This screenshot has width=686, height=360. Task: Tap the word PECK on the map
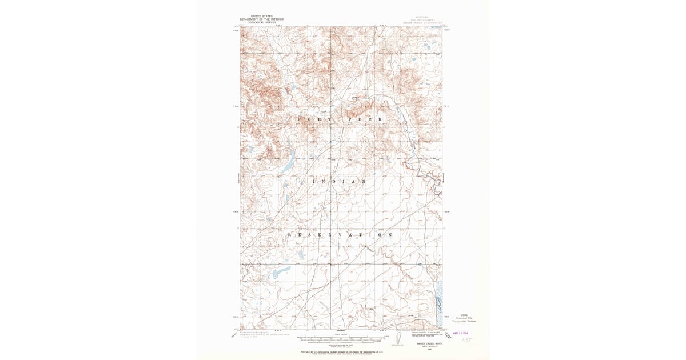click(364, 118)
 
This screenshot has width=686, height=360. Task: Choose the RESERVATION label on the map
click(340, 235)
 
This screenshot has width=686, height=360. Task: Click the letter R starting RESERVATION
click(289, 235)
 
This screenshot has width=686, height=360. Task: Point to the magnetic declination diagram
click(393, 338)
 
